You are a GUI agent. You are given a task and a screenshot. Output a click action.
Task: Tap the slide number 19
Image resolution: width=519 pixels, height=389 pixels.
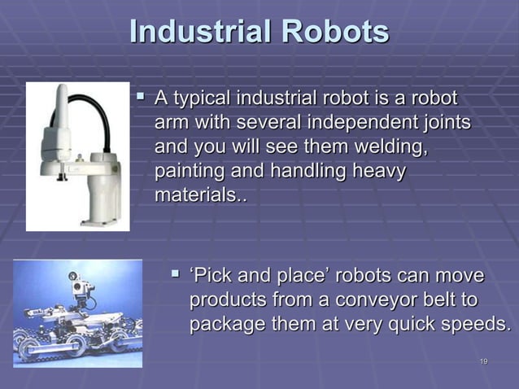(x=483, y=362)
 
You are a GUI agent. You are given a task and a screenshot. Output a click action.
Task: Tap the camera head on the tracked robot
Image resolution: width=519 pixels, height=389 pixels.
(x=81, y=287)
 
